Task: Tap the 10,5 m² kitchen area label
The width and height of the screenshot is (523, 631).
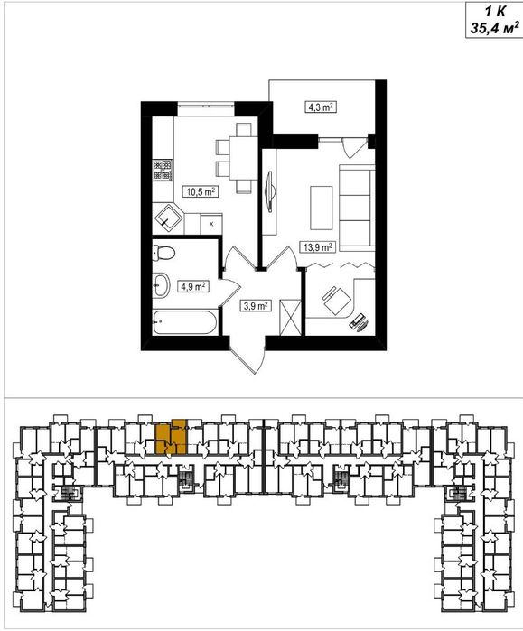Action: click(x=201, y=191)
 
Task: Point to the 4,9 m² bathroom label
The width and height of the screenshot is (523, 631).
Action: click(x=193, y=286)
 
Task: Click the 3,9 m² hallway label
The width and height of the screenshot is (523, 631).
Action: click(x=256, y=306)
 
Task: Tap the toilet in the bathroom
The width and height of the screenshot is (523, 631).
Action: click(x=163, y=253)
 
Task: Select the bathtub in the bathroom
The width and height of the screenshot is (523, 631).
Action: click(x=185, y=322)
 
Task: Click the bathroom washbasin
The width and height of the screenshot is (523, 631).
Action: click(x=161, y=285)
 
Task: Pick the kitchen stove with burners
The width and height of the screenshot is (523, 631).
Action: click(x=163, y=170)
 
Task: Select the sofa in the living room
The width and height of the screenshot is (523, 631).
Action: click(x=357, y=208)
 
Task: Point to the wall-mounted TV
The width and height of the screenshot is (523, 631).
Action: click(x=270, y=190)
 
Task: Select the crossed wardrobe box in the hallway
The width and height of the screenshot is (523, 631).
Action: click(x=290, y=317)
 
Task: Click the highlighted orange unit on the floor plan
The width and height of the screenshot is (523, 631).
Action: click(x=172, y=437)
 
